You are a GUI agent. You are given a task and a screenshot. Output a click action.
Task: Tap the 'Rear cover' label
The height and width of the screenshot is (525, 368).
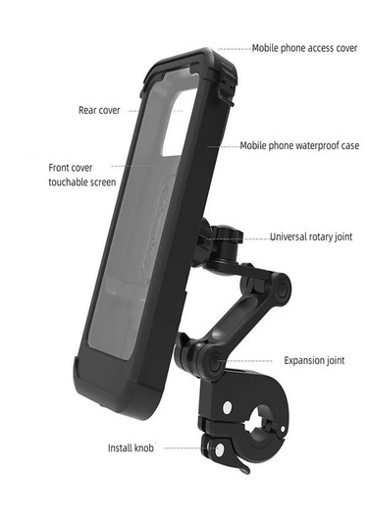tap(99, 110)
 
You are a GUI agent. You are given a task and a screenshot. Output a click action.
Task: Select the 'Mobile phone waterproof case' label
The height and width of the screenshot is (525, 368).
tap(300, 145)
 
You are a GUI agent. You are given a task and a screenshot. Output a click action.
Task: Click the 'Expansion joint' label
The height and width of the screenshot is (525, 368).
tap(314, 360)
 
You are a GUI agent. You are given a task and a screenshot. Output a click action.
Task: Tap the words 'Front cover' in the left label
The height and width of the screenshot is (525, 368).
tap(71, 167)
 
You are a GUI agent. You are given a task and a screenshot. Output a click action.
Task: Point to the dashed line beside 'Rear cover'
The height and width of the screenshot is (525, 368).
tap(147, 110)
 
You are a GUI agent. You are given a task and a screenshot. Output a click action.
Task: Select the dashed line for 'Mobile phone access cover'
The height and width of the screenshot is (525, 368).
tap(233, 47)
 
